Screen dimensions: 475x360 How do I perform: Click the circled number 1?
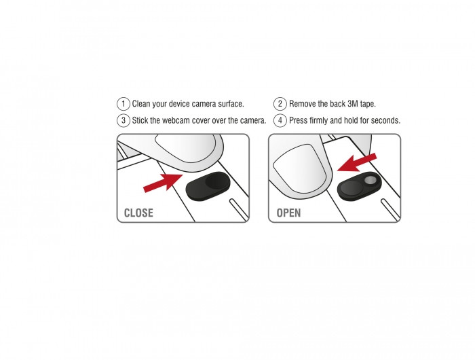(x=123, y=104)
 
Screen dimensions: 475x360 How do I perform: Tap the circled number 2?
(x=280, y=104)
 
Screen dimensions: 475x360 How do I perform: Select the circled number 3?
(x=123, y=120)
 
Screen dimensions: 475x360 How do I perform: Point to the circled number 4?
(x=280, y=120)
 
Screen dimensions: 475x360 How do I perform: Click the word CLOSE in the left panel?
(x=138, y=213)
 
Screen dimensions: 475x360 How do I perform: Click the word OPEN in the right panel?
(x=288, y=213)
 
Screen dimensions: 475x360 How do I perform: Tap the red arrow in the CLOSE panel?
(x=163, y=183)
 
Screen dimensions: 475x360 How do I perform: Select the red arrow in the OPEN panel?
(x=357, y=162)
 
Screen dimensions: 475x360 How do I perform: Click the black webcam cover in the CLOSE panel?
(x=208, y=186)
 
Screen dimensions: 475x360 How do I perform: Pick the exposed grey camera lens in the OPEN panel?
(x=370, y=181)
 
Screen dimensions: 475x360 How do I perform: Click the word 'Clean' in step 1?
(x=142, y=104)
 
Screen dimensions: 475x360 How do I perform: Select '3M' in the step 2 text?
(x=353, y=104)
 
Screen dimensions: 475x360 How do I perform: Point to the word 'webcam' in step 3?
(x=176, y=120)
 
